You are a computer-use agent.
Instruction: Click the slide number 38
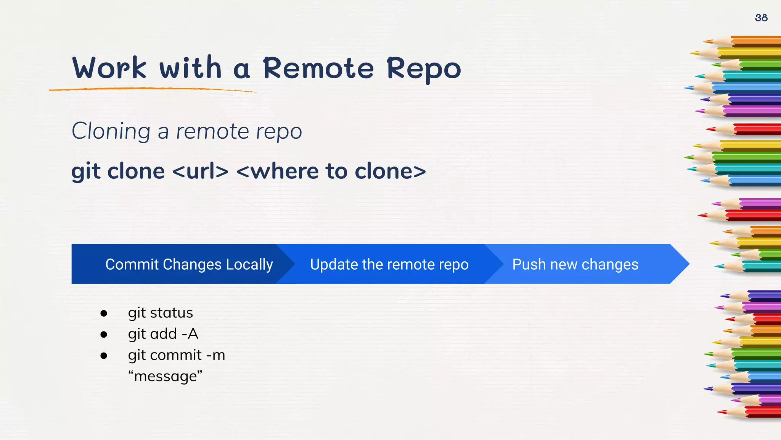click(761, 18)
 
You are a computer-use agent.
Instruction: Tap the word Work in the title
click(109, 68)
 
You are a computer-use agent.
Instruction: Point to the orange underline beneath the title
click(153, 89)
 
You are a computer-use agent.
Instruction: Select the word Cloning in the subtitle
click(111, 131)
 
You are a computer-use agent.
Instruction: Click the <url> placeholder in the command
click(200, 171)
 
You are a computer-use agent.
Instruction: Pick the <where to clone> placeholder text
click(331, 171)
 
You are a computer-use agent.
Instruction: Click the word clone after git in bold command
click(136, 171)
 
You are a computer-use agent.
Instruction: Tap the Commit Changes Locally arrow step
click(189, 264)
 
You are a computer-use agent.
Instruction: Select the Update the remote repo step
click(389, 264)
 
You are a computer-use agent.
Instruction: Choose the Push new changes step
click(575, 264)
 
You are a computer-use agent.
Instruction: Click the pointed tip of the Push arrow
click(686, 264)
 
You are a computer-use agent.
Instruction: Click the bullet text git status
click(160, 313)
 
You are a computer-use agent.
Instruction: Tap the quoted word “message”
click(165, 377)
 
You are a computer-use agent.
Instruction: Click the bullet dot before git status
click(104, 314)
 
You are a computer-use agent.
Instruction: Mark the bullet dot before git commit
click(104, 356)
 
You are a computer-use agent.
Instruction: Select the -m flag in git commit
click(215, 356)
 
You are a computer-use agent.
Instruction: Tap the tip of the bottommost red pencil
click(720, 412)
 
